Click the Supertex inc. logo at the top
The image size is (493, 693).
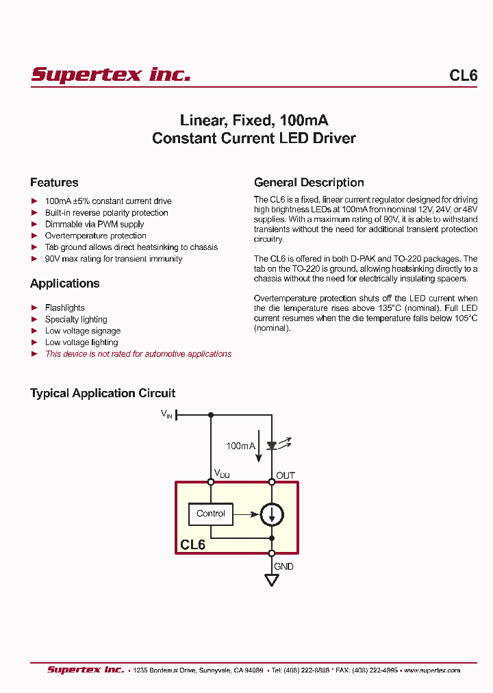(x=110, y=75)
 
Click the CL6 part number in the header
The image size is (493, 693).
(x=463, y=75)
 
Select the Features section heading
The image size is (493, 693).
(x=54, y=183)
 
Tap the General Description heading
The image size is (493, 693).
(x=309, y=183)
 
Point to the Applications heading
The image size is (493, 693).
(x=64, y=283)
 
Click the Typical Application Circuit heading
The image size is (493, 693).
(x=103, y=393)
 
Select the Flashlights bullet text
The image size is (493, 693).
(x=65, y=308)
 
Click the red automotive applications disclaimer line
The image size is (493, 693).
(x=138, y=354)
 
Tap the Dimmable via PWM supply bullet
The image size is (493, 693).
(x=94, y=224)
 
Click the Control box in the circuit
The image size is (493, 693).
(x=211, y=514)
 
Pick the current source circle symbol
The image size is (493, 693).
(x=272, y=514)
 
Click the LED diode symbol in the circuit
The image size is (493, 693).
(x=272, y=445)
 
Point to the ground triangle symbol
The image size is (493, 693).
(x=272, y=580)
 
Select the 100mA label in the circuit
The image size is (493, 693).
(x=240, y=446)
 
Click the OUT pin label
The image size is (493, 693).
(x=286, y=475)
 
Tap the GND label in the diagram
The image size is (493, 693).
(x=283, y=566)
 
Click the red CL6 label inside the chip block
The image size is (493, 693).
(x=193, y=545)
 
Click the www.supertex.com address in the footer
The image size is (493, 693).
(x=431, y=670)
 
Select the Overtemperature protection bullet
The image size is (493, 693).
(x=95, y=236)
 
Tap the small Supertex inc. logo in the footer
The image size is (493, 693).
(x=86, y=670)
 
